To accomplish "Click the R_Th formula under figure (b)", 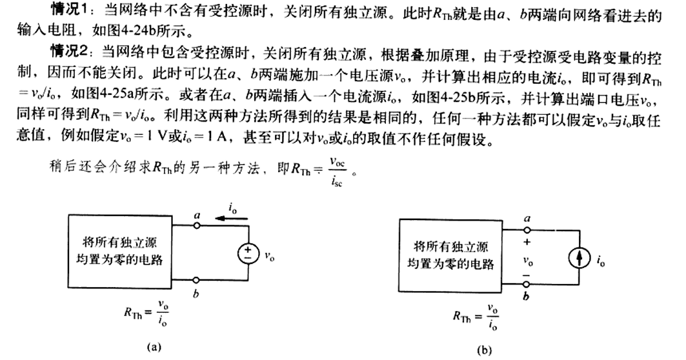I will [477, 316].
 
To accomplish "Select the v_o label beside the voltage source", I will [270, 255].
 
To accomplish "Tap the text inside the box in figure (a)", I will [128, 252].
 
